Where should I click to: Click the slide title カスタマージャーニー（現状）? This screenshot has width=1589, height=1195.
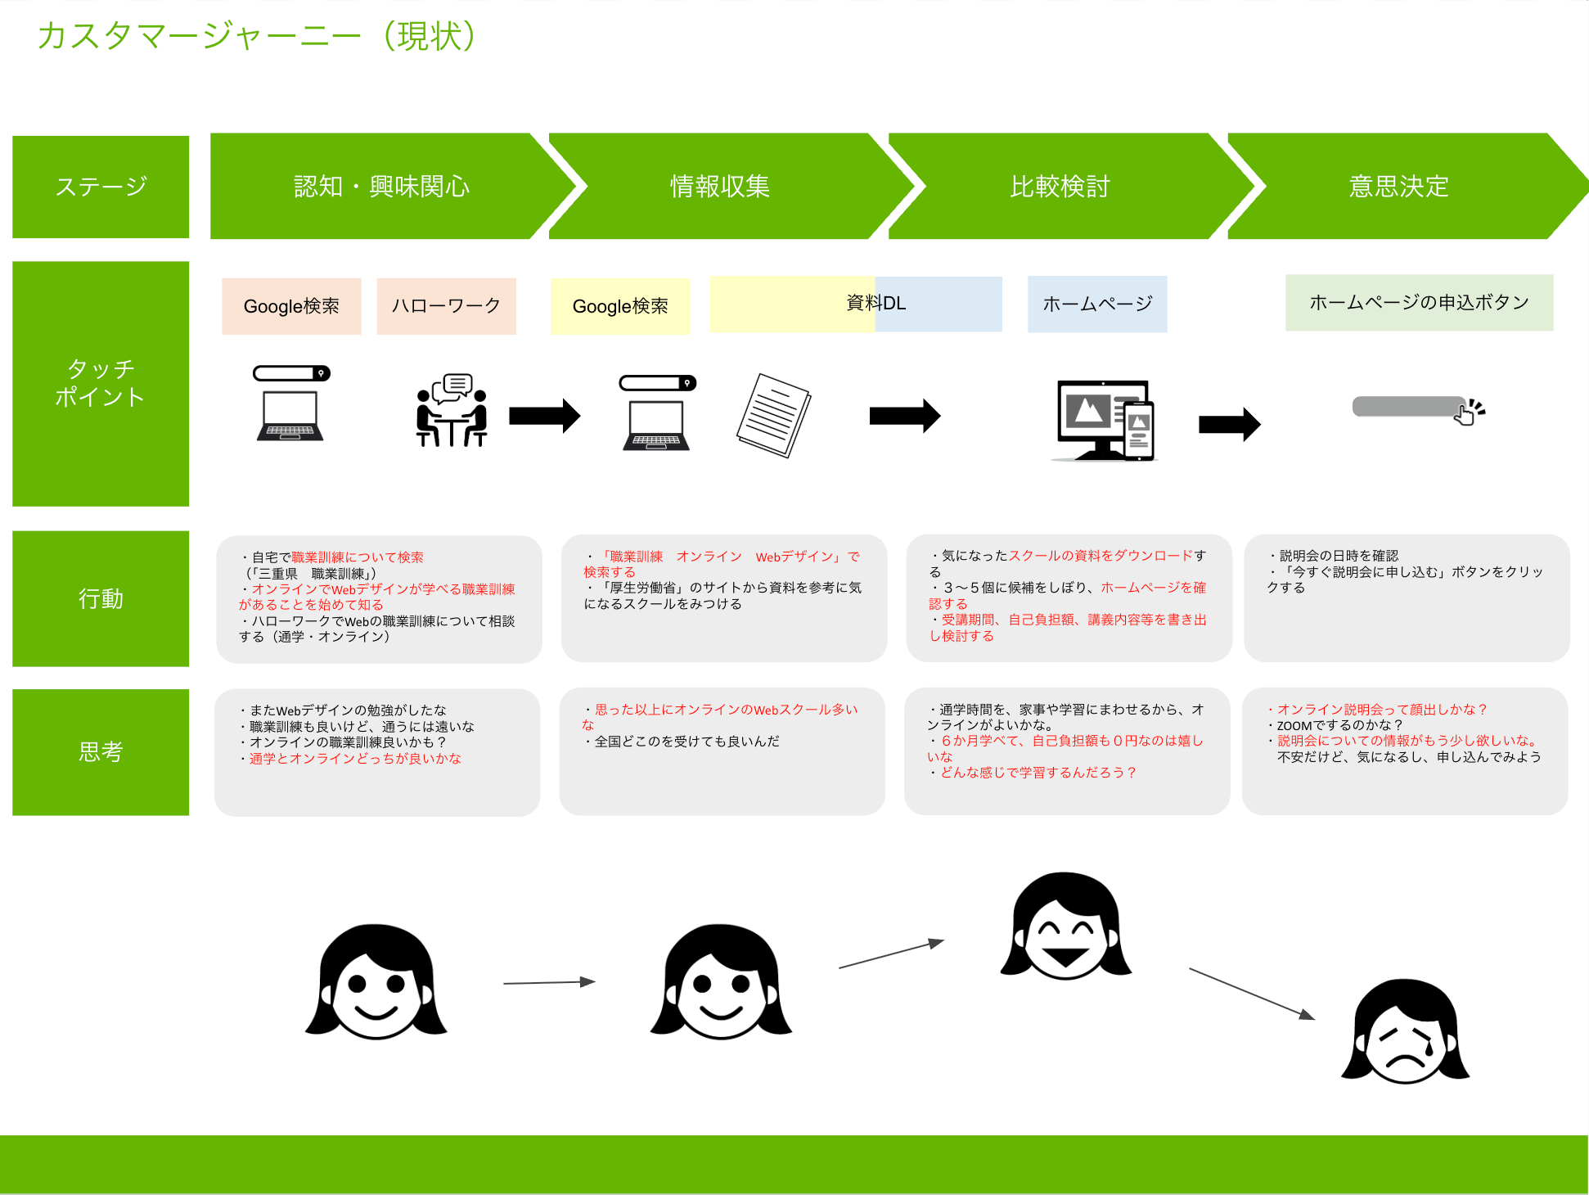257,36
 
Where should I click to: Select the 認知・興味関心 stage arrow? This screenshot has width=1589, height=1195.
382,187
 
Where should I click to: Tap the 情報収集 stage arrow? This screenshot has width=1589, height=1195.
720,187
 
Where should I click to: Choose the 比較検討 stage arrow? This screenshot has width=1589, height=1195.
1060,187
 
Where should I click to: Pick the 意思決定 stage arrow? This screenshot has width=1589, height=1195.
1398,187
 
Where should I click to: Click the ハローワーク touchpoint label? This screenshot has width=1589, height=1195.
446,306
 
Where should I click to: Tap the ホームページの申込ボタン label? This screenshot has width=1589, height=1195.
1419,303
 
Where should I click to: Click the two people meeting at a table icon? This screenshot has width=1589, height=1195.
452,410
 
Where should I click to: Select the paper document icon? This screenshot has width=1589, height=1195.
773,415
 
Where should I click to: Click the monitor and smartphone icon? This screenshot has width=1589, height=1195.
1105,421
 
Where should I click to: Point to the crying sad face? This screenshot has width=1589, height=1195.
1405,1033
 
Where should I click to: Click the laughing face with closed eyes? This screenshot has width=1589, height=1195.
1065,927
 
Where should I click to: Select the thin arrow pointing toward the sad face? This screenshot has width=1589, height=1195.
1251,994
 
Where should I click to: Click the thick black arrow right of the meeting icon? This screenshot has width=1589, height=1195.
544,416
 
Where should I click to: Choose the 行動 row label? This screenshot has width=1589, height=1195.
101,599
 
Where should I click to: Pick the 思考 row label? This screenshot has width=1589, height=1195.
101,752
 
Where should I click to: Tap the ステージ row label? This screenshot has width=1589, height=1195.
101,187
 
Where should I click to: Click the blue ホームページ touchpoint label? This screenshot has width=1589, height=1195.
1097,304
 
